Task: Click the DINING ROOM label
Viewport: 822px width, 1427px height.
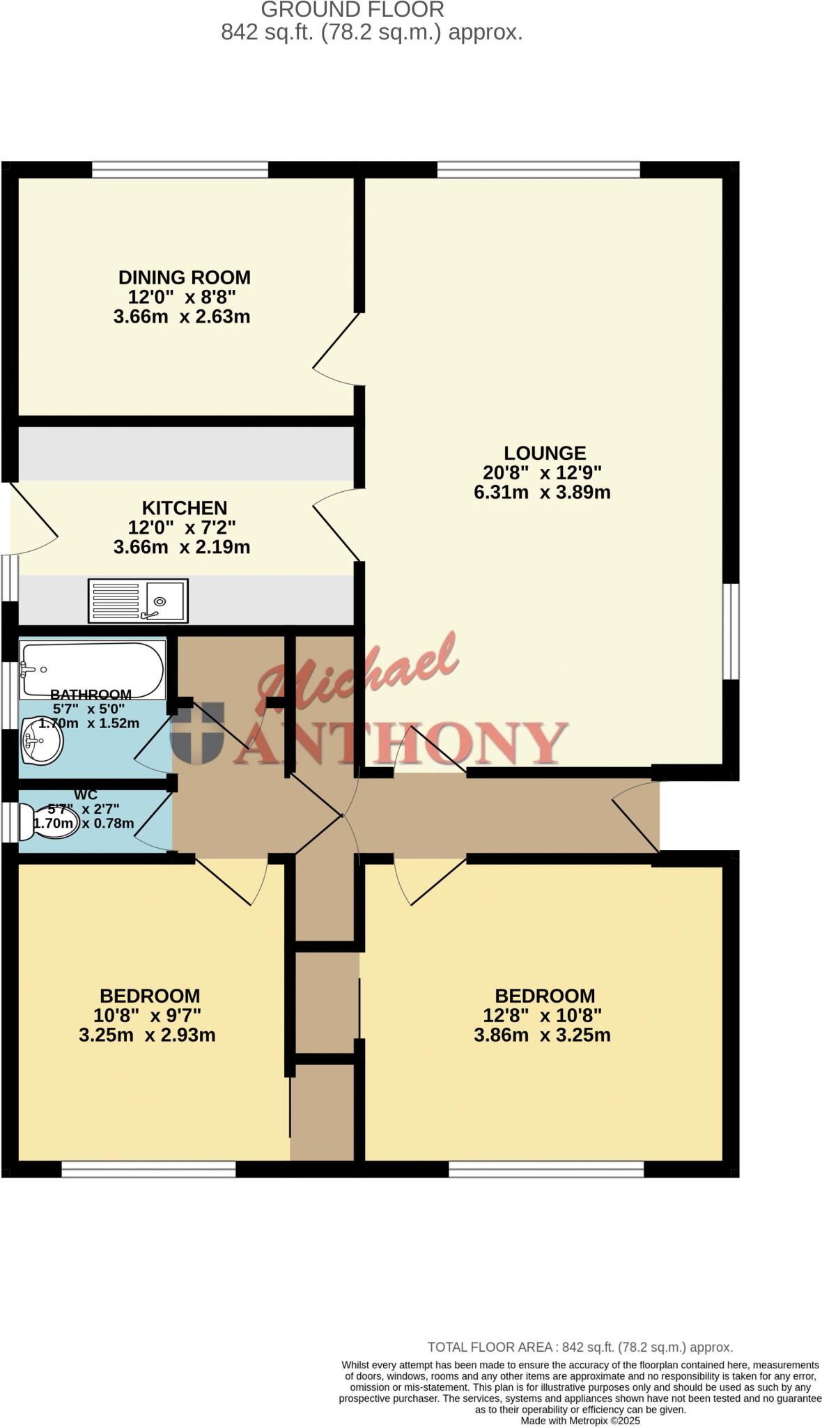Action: click(184, 277)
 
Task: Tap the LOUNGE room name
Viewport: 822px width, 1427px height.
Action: click(545, 453)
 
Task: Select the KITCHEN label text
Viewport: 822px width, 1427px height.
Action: click(185, 508)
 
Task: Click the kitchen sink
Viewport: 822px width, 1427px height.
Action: click(138, 601)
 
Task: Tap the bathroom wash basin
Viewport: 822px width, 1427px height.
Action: click(42, 739)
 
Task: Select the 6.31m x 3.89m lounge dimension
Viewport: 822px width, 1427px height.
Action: click(542, 493)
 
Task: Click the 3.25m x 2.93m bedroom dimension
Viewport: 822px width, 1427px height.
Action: click(147, 1035)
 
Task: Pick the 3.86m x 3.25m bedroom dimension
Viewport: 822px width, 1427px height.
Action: click(542, 1035)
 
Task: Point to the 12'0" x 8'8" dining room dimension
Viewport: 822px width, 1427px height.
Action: click(182, 297)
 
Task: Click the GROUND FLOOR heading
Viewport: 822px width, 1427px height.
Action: click(352, 10)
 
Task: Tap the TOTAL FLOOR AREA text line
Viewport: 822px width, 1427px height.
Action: click(580, 1348)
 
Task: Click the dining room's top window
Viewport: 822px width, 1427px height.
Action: click(180, 169)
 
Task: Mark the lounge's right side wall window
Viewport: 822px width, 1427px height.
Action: click(731, 631)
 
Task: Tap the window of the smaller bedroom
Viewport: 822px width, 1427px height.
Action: click(148, 1168)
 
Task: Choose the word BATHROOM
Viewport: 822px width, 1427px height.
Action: click(91, 695)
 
